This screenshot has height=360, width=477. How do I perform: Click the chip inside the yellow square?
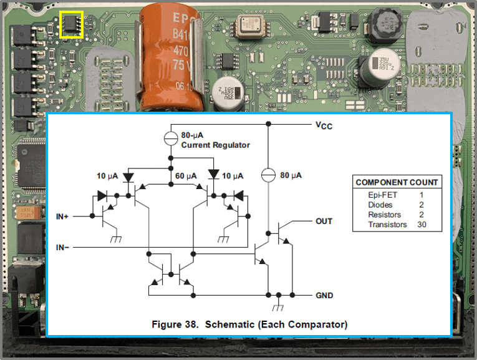tap(71, 24)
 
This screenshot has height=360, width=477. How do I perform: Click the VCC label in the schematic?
tap(324, 125)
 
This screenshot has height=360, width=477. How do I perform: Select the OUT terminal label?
tap(324, 221)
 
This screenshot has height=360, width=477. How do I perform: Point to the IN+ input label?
tap(63, 216)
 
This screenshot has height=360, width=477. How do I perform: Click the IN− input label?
tap(63, 248)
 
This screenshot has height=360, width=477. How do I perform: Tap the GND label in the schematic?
tap(324, 295)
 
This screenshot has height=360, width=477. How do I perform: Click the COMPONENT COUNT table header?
tap(397, 182)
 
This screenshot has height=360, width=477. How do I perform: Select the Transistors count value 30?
tap(422, 224)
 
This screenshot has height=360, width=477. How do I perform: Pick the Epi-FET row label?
tap(380, 195)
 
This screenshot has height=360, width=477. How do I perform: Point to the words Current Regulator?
tap(215, 145)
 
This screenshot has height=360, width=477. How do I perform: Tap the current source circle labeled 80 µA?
tap(268, 175)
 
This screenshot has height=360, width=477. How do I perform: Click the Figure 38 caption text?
tap(249, 324)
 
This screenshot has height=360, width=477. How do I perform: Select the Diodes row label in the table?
tap(380, 205)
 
